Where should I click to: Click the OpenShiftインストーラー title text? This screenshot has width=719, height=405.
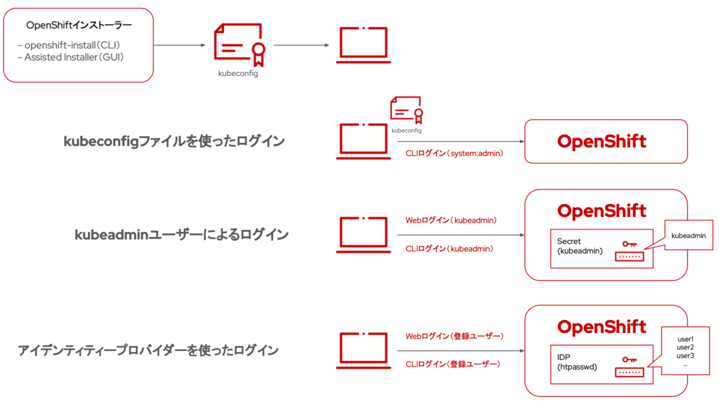pyautogui.click(x=79, y=25)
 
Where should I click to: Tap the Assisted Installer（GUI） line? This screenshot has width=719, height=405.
pyautogui.click(x=74, y=58)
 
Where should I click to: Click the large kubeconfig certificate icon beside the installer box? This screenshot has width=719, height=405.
pyautogui.click(x=240, y=45)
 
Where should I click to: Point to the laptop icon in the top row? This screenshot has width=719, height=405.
pyautogui.click(x=364, y=45)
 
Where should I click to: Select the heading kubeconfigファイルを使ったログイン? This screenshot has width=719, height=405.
pyautogui.click(x=174, y=142)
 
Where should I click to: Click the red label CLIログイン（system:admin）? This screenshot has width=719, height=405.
pyautogui.click(x=454, y=154)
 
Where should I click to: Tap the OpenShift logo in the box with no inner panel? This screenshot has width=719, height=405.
pyautogui.click(x=602, y=142)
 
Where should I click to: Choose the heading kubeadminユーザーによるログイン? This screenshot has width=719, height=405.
pyautogui.click(x=182, y=235)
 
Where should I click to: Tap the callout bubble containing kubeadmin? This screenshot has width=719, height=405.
pyautogui.click(x=688, y=236)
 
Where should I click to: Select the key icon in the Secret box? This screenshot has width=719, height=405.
pyautogui.click(x=629, y=244)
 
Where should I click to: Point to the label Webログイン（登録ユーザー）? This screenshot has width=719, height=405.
pyautogui.click(x=454, y=336)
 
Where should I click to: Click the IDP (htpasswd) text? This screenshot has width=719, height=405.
pyautogui.click(x=577, y=362)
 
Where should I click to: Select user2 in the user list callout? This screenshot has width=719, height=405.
pyautogui.click(x=685, y=347)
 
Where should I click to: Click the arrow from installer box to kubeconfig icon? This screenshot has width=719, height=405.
pyautogui.click(x=179, y=45)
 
